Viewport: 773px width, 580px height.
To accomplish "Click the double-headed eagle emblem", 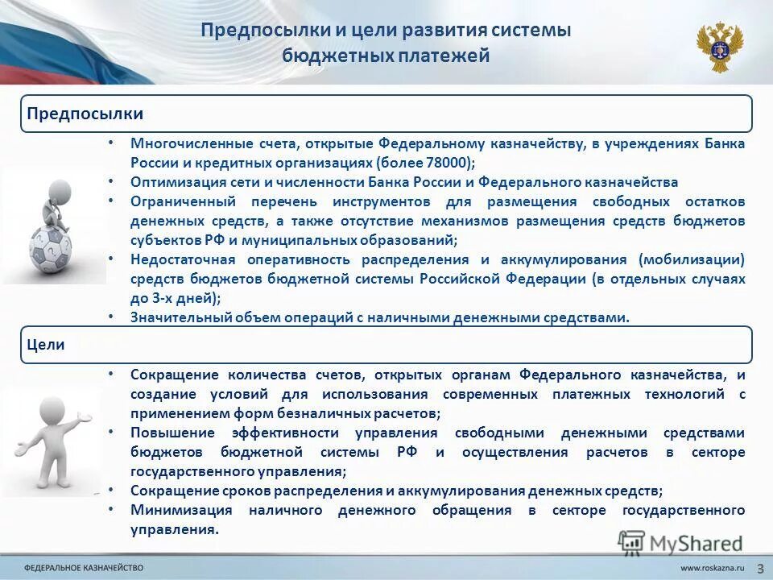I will point(720,48).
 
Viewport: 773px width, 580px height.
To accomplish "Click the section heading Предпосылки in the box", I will point(74,114).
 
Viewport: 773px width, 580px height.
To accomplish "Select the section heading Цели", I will point(46,345).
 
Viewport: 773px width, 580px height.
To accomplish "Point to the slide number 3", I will point(760,569).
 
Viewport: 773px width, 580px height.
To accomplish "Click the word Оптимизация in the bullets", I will point(171,182).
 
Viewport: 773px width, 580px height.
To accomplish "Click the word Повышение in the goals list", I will point(167,433).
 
